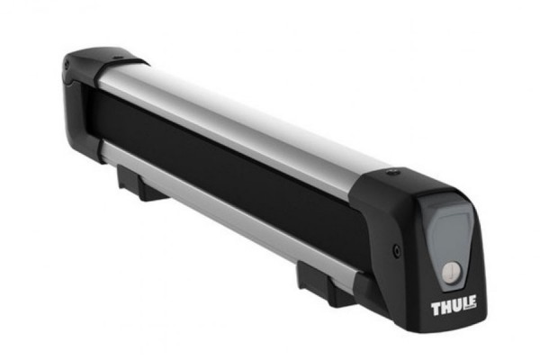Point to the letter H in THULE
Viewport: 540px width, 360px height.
click(445, 309)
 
